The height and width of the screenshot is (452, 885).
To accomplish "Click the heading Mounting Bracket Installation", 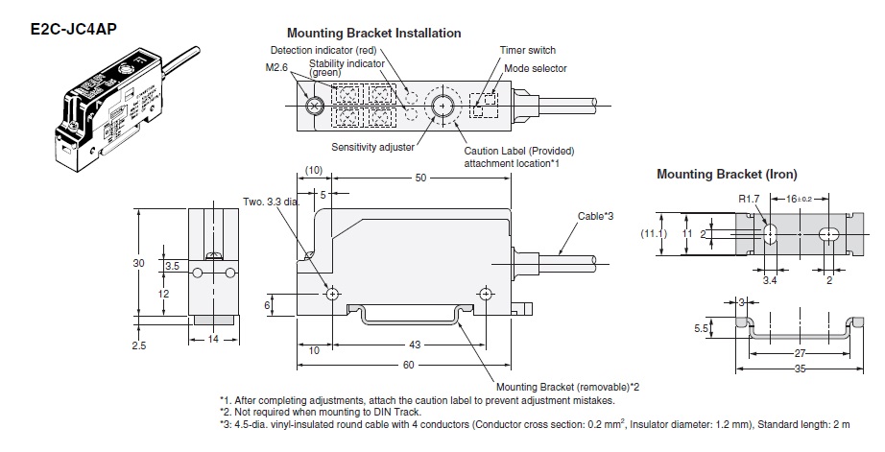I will click(x=373, y=33).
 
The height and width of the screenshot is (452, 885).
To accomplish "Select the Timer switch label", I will click(x=528, y=50).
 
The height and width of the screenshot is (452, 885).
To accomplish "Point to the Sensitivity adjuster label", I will click(x=372, y=148).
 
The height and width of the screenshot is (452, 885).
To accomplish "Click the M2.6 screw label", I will click(x=278, y=69).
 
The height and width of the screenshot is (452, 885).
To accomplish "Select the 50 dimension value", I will click(x=420, y=178).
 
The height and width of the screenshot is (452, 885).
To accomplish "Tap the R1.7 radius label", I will click(x=748, y=199).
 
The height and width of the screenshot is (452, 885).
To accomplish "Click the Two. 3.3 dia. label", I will click(x=273, y=202).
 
